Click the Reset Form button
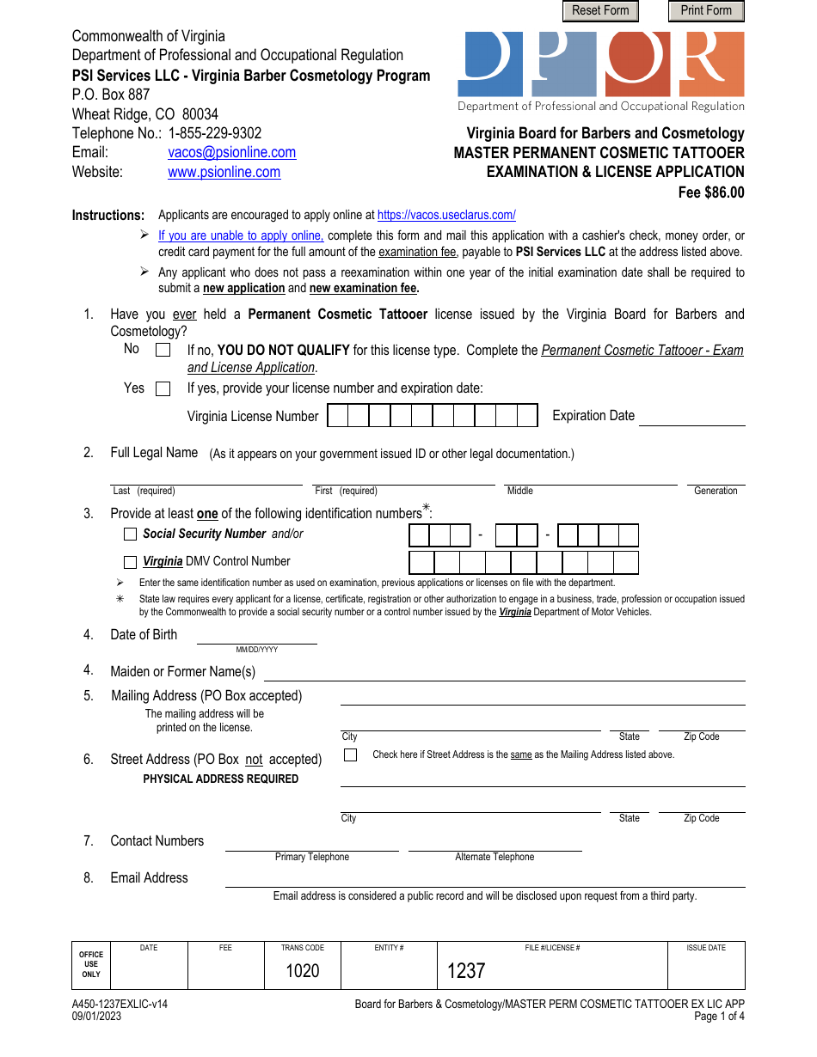600,11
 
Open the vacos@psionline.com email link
231,153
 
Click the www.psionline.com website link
224,173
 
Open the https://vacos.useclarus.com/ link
446,216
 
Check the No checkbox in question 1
163,350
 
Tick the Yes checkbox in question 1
163,389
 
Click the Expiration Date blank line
691,417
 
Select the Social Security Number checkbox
130,535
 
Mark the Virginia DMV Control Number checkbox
130,563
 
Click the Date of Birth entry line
256,636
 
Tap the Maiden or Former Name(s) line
503,672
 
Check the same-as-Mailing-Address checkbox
350,755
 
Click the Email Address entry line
484,879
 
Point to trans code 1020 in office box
302,971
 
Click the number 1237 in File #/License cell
466,971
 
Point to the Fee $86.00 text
711,192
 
